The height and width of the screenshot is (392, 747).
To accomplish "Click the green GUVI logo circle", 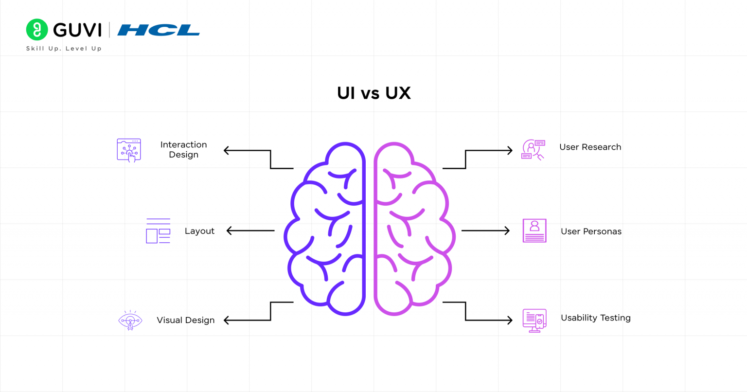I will [x=37, y=30].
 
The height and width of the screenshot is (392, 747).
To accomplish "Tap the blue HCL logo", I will [x=159, y=30].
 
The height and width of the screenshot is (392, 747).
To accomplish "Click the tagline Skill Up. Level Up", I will [x=64, y=49].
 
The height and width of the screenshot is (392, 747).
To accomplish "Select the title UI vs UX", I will [x=373, y=93].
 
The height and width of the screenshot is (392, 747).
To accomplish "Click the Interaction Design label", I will [x=183, y=150].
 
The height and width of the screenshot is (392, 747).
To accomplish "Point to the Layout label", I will [x=199, y=231].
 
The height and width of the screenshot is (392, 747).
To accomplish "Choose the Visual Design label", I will [x=185, y=320].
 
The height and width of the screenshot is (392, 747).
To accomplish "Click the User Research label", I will [x=590, y=147].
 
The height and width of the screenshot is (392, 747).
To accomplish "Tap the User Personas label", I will [x=591, y=232].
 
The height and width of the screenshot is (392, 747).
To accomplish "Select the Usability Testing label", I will [x=595, y=318].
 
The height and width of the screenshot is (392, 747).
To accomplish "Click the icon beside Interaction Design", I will [x=129, y=150].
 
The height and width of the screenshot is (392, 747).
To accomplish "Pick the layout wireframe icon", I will [x=158, y=231].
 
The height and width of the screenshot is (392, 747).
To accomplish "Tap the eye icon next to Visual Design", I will [x=130, y=321].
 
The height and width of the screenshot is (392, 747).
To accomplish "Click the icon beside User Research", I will [x=533, y=150].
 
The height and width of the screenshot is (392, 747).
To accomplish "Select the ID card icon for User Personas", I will [x=534, y=231].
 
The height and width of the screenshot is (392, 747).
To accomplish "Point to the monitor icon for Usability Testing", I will [x=534, y=321].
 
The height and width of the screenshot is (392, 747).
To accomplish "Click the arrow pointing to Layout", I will [x=250, y=231].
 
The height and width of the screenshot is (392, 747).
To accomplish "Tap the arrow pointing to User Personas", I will [x=485, y=231].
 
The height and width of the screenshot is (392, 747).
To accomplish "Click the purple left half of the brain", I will [x=326, y=229].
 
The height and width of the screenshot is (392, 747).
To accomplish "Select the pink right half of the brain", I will [x=413, y=229].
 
